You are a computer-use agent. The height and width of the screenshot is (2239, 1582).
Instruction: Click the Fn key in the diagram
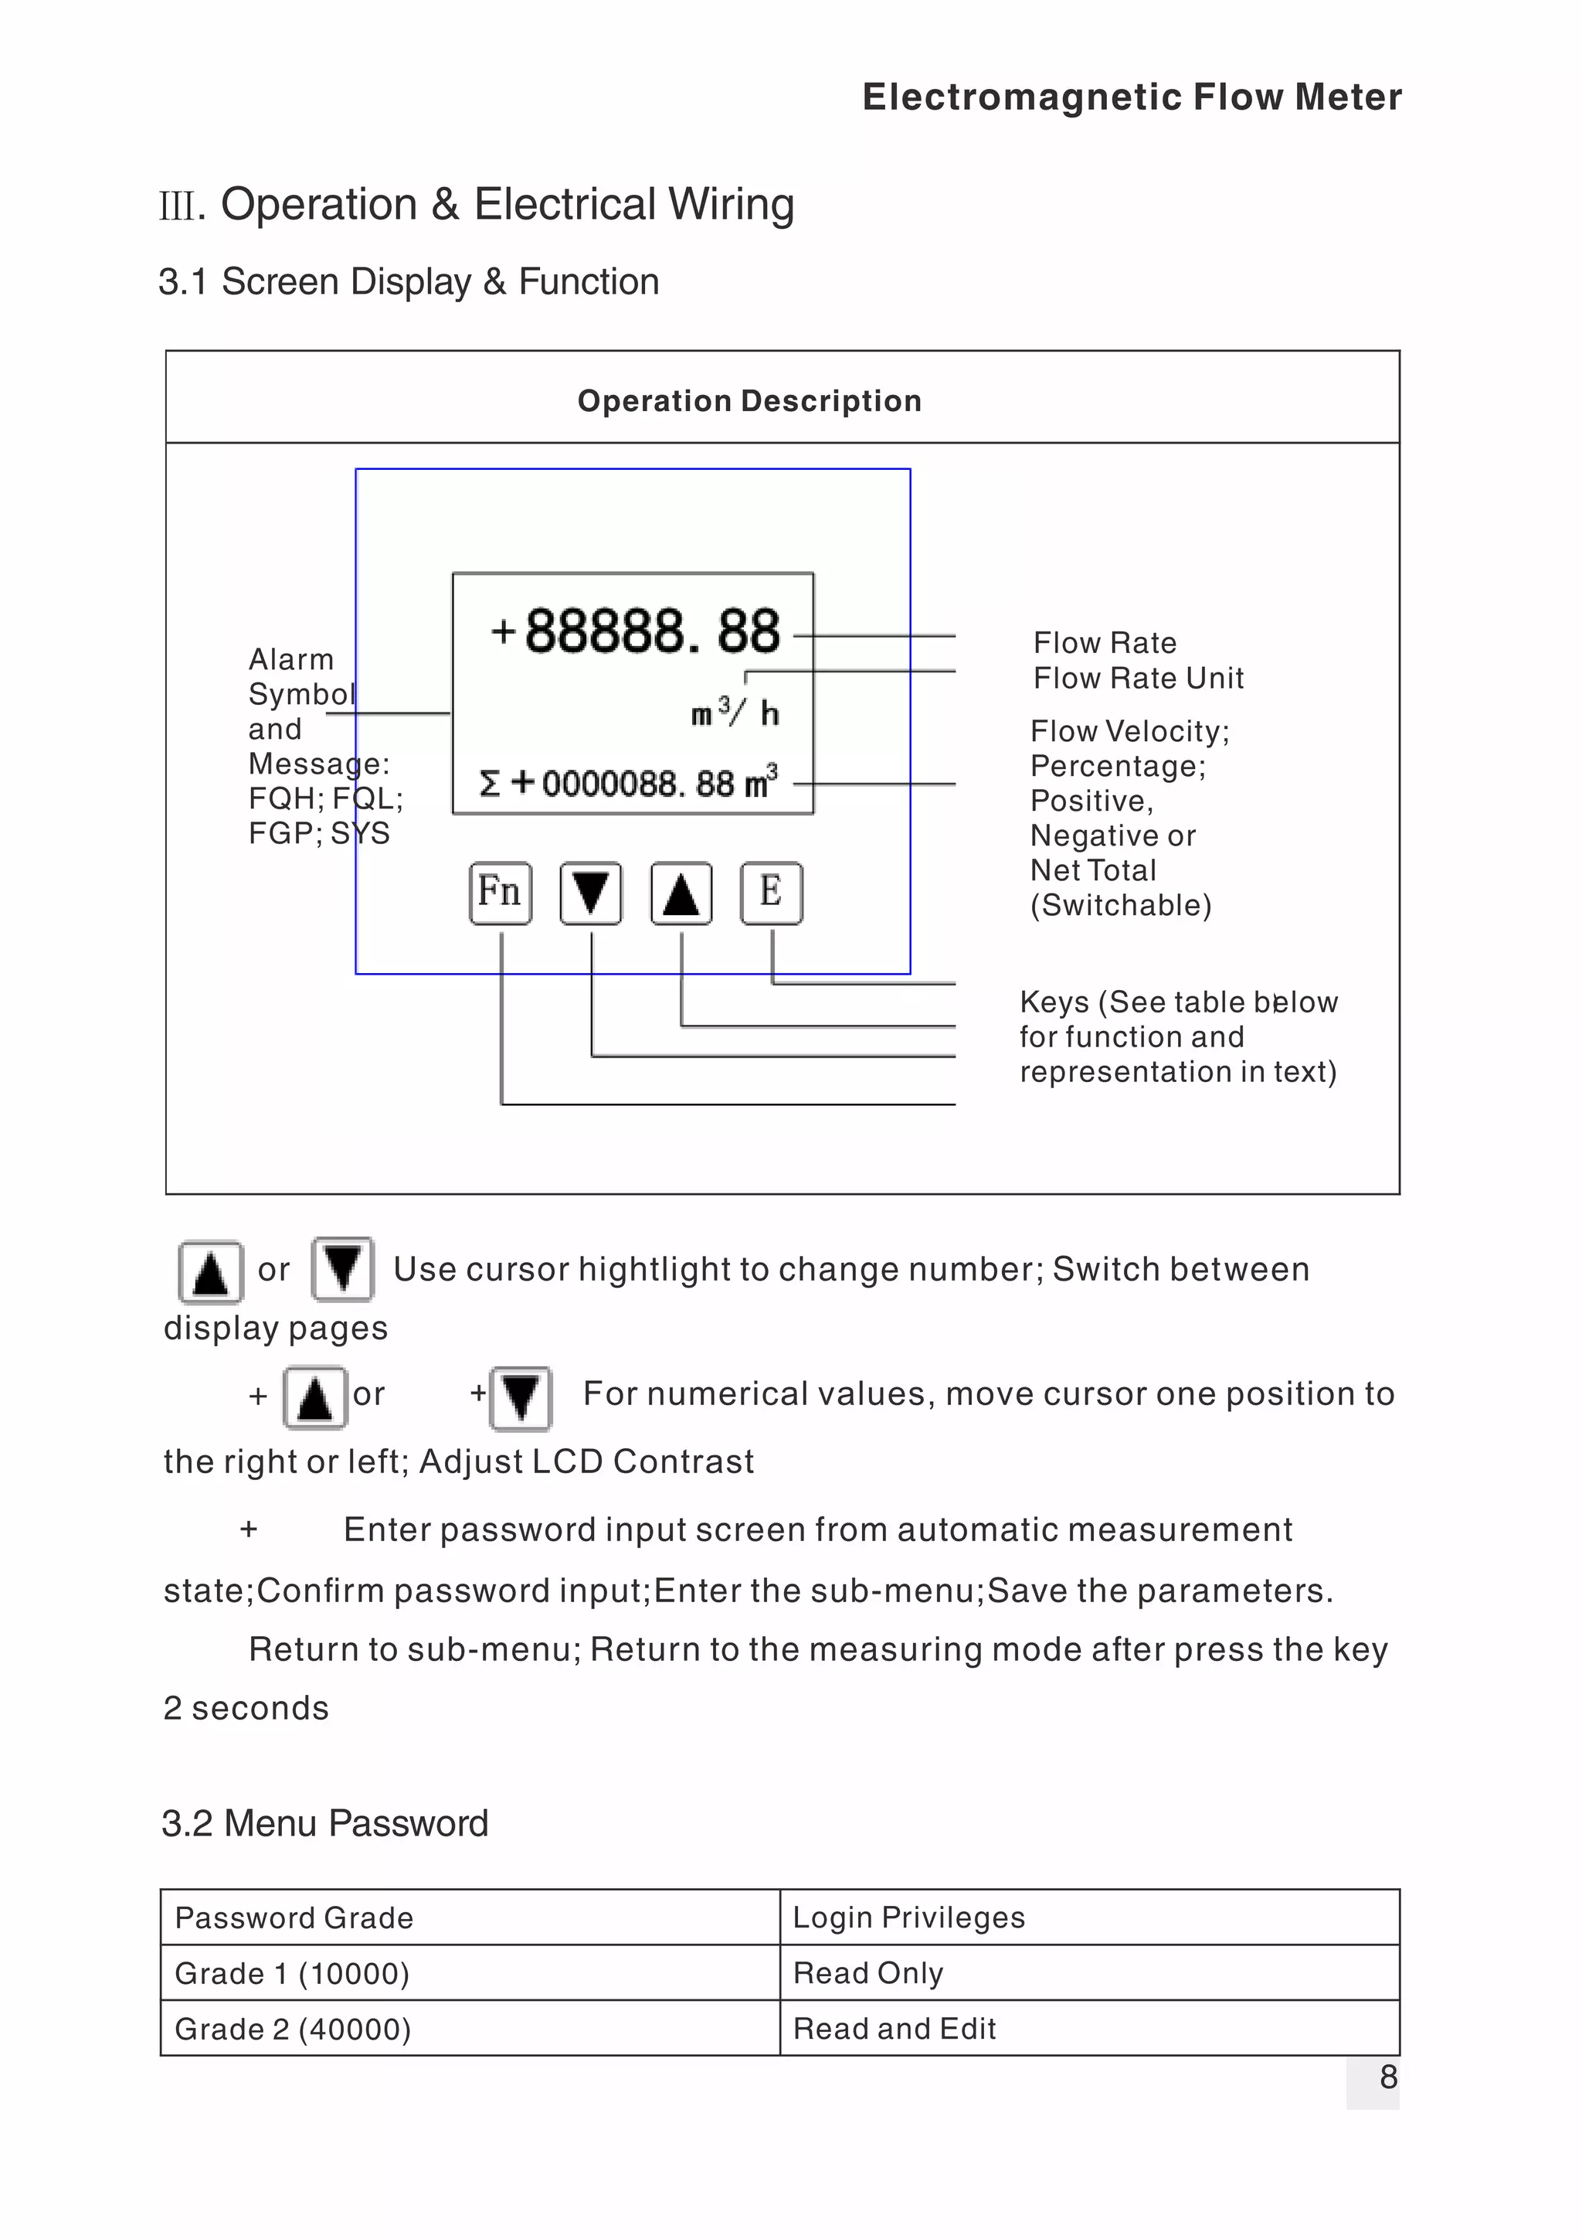[x=500, y=893]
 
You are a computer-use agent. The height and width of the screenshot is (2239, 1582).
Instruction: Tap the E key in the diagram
[x=771, y=893]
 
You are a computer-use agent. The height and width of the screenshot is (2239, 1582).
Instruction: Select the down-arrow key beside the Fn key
[x=591, y=893]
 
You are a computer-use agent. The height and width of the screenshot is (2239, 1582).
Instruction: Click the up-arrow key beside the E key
[x=681, y=893]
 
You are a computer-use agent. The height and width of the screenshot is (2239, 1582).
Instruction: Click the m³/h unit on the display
[x=735, y=713]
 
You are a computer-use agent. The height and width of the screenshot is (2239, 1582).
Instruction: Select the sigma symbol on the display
[x=489, y=783]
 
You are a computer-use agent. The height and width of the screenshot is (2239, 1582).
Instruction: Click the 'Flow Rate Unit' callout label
[x=1138, y=678]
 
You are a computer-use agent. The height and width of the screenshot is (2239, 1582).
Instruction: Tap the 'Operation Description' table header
[x=749, y=401]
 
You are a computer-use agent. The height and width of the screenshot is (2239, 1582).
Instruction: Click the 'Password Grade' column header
[x=294, y=1918]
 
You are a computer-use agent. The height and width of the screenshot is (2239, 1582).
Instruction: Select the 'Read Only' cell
[x=867, y=1974]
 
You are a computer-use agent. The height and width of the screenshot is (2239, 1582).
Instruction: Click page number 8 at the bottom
[x=1388, y=2077]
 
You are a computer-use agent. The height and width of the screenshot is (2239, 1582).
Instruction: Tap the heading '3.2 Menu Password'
[x=324, y=1823]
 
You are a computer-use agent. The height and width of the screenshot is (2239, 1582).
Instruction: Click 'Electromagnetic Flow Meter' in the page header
[x=1132, y=97]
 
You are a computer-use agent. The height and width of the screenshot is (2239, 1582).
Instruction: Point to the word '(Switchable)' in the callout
[x=1121, y=905]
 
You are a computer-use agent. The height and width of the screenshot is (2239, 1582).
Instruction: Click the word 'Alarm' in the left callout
[x=290, y=659]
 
